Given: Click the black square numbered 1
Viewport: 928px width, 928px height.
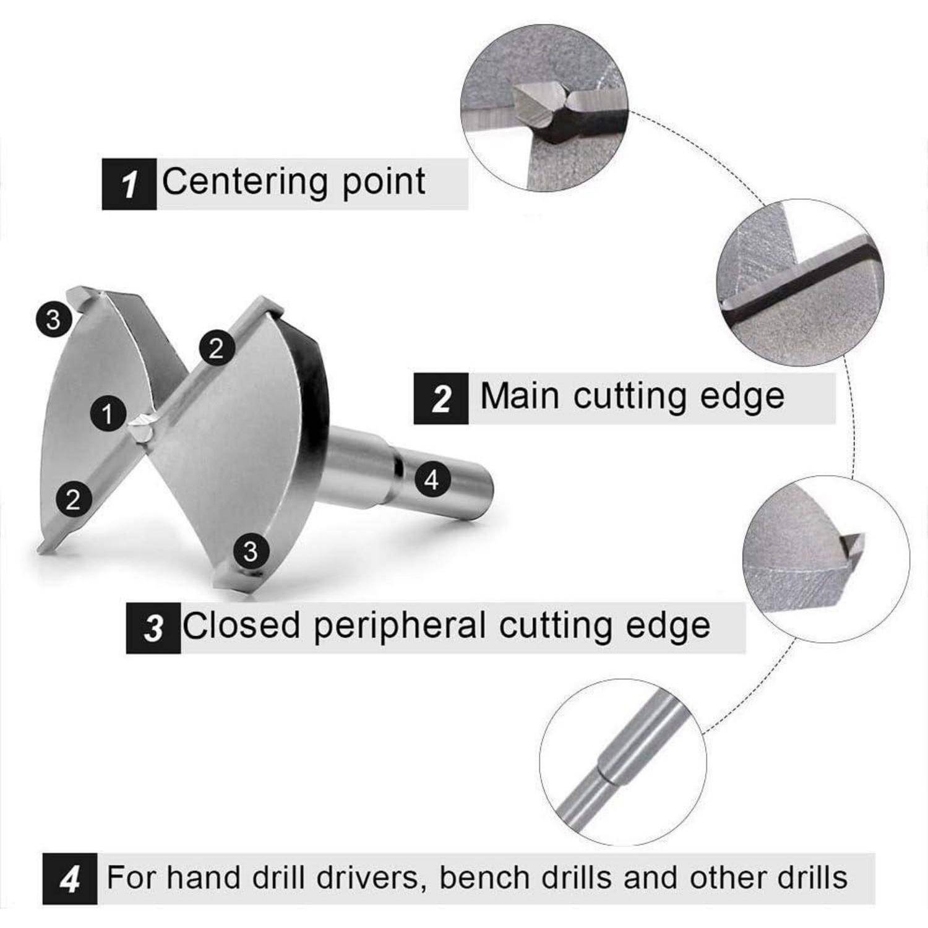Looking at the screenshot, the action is pos(129,184).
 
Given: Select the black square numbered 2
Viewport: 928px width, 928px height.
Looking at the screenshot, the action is pos(440,398).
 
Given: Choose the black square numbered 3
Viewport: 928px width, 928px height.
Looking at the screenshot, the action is pos(153,628).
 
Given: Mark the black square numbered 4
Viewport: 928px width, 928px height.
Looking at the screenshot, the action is pos(69,879).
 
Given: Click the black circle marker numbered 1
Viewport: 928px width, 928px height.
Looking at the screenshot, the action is pos(108,413).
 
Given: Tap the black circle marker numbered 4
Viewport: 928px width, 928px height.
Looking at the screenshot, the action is pos(432,478).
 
